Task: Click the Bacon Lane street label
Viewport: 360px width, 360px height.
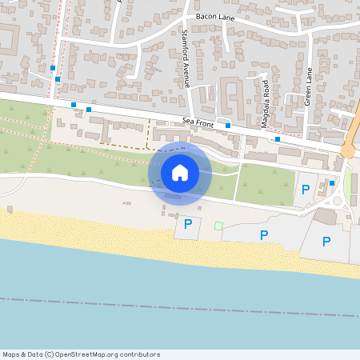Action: point(212,16)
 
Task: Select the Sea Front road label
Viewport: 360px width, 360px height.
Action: point(199,120)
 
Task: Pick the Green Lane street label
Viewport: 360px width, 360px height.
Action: point(308,86)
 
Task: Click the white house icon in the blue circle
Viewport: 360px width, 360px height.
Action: point(180,172)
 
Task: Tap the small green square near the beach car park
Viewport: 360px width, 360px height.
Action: point(218,226)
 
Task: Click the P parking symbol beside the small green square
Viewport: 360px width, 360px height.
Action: point(188,225)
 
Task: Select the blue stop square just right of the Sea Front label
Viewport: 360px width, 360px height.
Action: point(228,125)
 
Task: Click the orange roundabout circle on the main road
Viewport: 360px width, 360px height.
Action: point(347,150)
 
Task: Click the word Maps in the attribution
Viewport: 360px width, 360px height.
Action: point(11,354)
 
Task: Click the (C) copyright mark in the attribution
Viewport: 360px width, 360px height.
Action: point(50,354)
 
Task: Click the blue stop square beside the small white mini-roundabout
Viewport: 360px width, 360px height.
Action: point(332,183)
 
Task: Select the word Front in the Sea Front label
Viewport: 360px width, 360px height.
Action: point(206,121)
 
